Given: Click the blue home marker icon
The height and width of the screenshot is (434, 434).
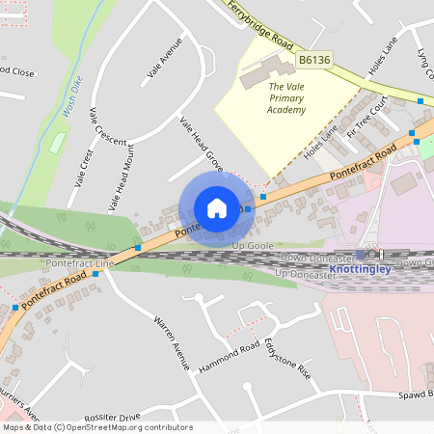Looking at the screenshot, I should (x=217, y=208).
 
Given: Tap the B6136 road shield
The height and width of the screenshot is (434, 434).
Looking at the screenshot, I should (x=313, y=60).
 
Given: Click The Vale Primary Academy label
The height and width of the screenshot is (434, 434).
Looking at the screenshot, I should (x=286, y=98).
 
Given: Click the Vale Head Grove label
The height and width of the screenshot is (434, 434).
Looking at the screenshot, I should (x=203, y=146).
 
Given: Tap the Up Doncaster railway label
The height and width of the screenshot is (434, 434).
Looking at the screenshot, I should (x=312, y=275).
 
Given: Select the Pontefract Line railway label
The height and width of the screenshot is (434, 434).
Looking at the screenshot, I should (x=79, y=263).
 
